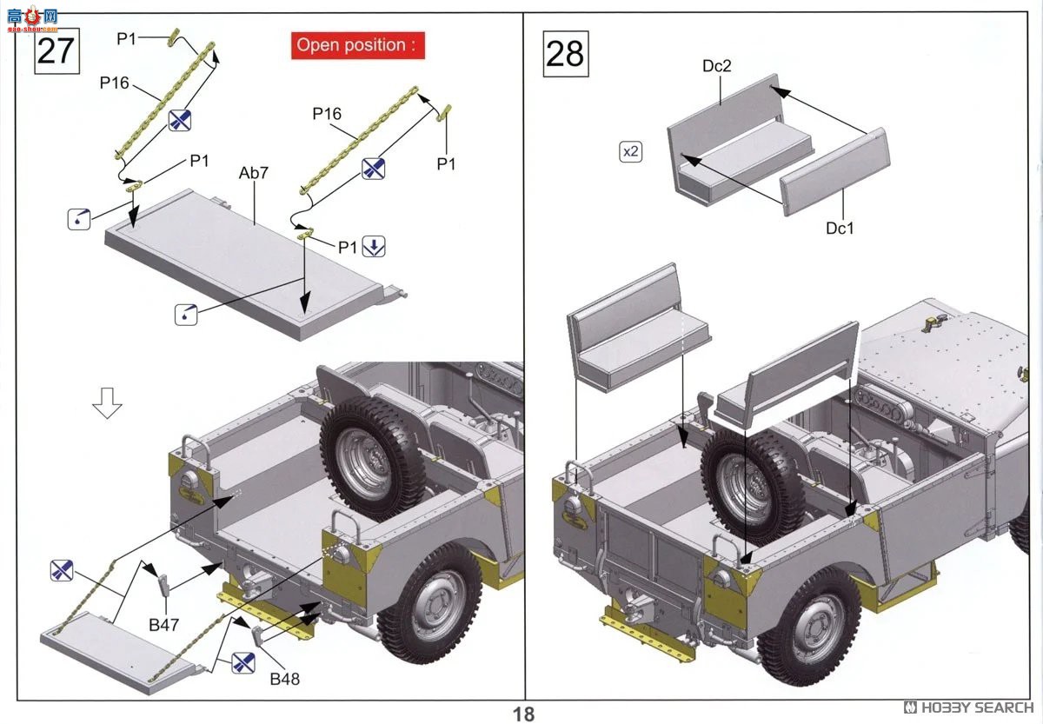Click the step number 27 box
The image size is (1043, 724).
point(56,51)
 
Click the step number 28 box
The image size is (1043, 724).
point(564,54)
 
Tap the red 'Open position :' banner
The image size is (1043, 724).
point(357,45)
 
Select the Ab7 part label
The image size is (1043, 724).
point(254,173)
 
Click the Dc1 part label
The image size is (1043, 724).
point(840,228)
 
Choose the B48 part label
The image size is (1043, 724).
point(283,678)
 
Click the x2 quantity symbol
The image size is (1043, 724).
point(631,151)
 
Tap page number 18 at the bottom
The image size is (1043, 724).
point(523,714)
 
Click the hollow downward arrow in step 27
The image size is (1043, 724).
point(107,403)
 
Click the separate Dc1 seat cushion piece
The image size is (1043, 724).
point(834,171)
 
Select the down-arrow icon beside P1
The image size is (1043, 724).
point(373,247)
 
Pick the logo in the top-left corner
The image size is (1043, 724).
point(32,17)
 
